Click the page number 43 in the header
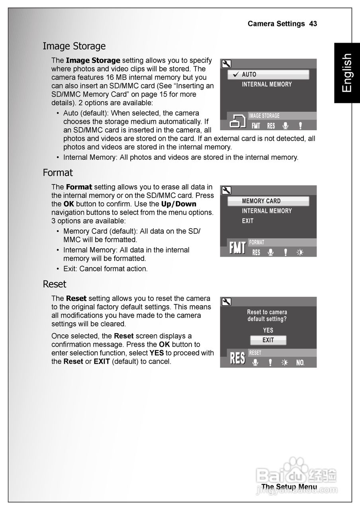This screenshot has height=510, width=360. click(313, 24)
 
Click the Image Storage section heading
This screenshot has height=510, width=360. click(74, 46)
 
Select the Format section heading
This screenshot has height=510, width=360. click(58, 173)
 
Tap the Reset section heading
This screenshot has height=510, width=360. click(55, 284)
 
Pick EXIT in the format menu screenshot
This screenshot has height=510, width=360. click(247, 221)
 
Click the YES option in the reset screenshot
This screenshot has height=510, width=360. click(268, 330)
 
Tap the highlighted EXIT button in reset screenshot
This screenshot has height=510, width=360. click(268, 340)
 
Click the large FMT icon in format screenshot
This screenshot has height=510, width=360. click(237, 248)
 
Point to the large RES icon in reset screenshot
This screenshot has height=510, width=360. click(237, 358)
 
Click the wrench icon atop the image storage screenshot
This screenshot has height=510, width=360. click(226, 64)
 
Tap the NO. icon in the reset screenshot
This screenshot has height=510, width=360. click(300, 363)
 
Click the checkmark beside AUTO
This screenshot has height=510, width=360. click(235, 75)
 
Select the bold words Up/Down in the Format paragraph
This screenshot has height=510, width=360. click(178, 204)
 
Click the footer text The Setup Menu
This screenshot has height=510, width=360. click(289, 487)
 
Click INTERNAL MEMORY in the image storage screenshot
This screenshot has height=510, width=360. click(267, 84)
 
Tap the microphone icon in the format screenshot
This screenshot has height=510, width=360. click(271, 253)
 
